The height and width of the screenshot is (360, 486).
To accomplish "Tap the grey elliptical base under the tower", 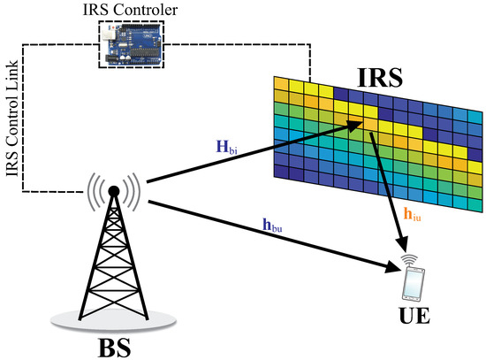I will coord(112,314).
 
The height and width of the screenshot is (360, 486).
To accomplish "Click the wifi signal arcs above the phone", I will coord(410,259).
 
